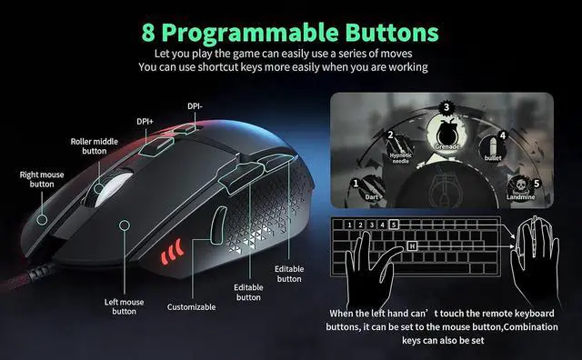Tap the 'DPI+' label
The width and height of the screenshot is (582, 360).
click(x=145, y=120)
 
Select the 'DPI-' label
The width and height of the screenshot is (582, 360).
click(x=196, y=105)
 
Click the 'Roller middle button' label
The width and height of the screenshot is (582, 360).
click(x=95, y=147)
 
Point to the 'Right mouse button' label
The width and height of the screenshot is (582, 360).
click(x=42, y=178)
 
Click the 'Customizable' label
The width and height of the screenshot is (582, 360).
click(x=191, y=307)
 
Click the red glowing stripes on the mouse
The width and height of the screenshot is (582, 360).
click(x=171, y=250)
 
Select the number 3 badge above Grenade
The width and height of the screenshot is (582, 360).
click(x=446, y=107)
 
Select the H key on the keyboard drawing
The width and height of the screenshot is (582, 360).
click(x=412, y=245)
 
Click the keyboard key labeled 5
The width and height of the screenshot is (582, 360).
click(x=393, y=225)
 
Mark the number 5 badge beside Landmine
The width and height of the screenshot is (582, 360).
click(x=537, y=184)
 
